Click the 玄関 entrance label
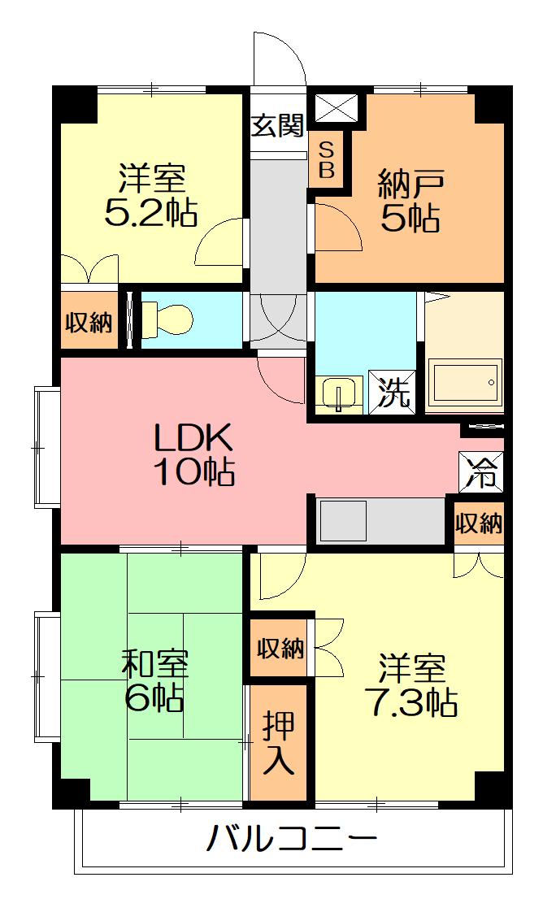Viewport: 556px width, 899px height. [x=278, y=125]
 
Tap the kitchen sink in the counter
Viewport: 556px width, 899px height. [x=344, y=521]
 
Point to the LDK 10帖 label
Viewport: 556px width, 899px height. [x=195, y=454]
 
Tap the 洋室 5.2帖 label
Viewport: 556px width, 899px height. [x=151, y=195]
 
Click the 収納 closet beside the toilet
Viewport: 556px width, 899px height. [x=88, y=323]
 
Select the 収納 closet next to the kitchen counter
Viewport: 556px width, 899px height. [x=478, y=524]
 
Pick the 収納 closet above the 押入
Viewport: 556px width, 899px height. [x=280, y=648]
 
